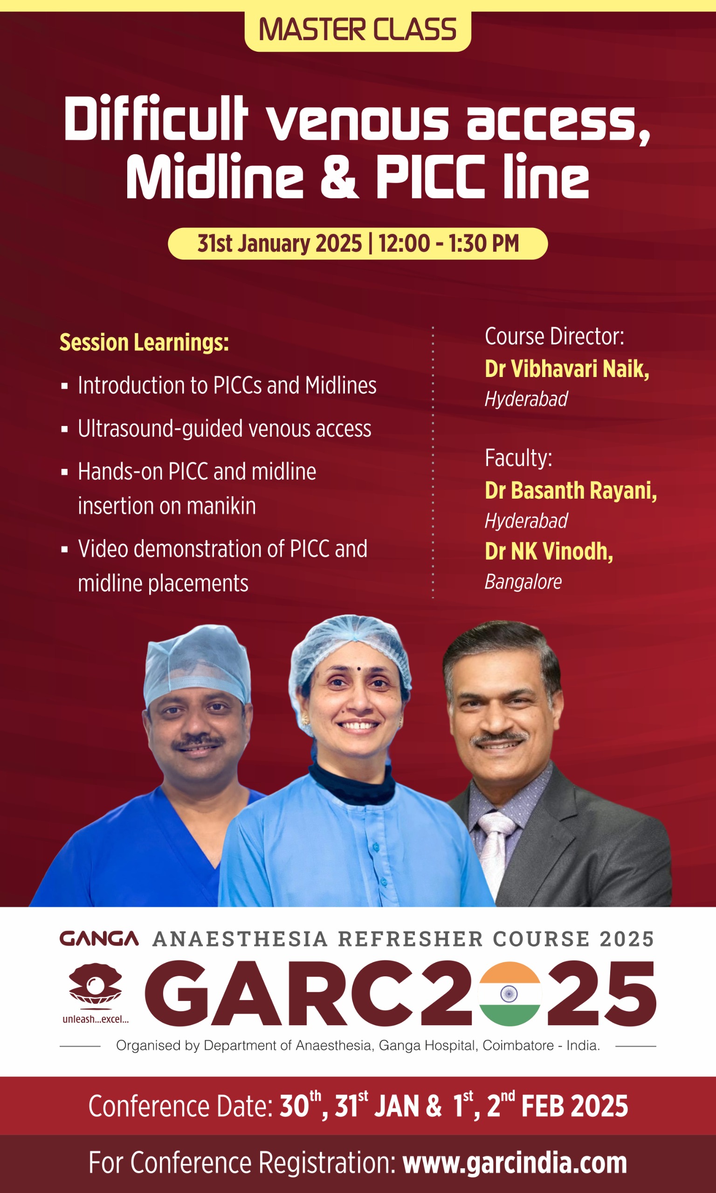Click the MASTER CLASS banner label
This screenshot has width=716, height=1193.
[358, 30]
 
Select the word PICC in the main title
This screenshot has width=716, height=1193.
[430, 176]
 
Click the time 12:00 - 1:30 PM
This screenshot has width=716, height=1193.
[449, 244]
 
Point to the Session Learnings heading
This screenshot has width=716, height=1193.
[144, 343]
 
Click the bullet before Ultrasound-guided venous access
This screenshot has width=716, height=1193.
[65, 429]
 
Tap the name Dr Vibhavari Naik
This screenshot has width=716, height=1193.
[567, 369]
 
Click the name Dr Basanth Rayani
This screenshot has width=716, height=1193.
[571, 490]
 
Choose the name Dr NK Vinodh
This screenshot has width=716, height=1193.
[549, 551]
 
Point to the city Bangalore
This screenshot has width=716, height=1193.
[523, 582]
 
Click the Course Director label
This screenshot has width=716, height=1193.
[554, 336]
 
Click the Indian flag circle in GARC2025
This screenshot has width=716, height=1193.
[509, 994]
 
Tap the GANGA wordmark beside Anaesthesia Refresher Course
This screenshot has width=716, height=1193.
[99, 939]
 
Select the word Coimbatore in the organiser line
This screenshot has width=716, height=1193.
[518, 1045]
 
